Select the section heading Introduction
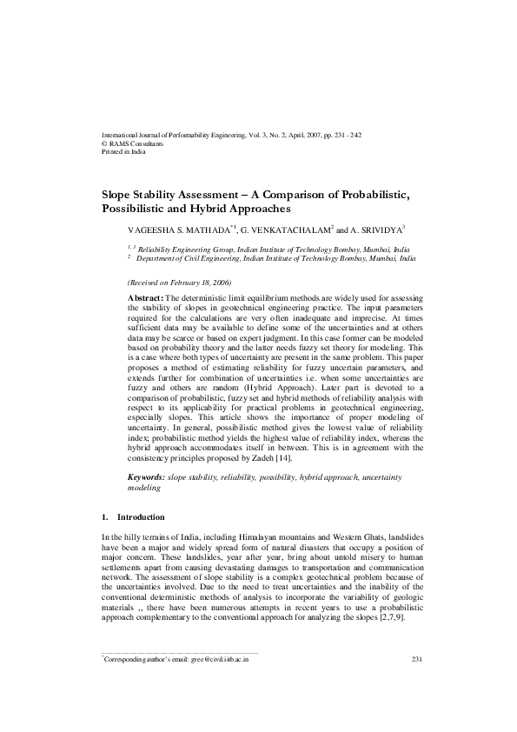(x=141, y=517)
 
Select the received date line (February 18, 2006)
(x=179, y=283)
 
